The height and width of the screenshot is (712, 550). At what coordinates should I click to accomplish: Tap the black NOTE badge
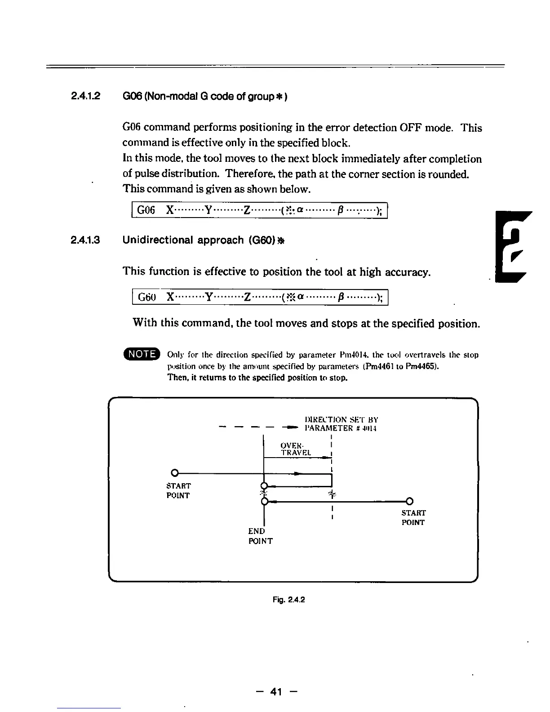(x=142, y=354)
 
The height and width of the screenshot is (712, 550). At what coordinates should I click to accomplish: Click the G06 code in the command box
(x=146, y=210)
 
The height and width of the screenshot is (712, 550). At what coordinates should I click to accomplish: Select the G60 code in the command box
(x=146, y=297)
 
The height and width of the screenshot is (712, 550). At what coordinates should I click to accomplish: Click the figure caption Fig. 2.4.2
(x=288, y=599)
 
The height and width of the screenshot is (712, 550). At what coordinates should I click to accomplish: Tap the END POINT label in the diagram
(x=260, y=536)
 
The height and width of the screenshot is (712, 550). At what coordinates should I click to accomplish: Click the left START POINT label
(x=178, y=490)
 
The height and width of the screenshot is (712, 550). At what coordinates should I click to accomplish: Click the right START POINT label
(x=413, y=517)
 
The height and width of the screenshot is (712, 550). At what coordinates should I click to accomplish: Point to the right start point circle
(x=409, y=501)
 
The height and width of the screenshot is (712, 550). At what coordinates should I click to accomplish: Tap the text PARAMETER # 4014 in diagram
(x=340, y=428)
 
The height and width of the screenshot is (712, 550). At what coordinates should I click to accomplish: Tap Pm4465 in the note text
(x=420, y=366)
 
